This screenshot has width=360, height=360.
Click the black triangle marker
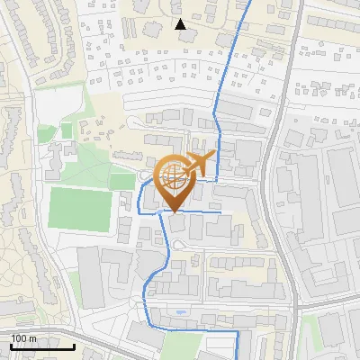pyautogui.click(x=181, y=24)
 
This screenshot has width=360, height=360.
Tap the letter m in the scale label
pyautogui.click(x=33, y=338)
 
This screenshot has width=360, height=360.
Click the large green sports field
pyautogui.click(x=80, y=208)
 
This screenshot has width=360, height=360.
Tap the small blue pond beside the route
pyautogui.click(x=182, y=312)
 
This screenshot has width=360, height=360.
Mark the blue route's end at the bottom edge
pyautogui.click(x=238, y=357)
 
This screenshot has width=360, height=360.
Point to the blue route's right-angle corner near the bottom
pyautogui.click(x=237, y=331)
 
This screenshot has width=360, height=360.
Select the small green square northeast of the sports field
pyautogui.click(x=66, y=131)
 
